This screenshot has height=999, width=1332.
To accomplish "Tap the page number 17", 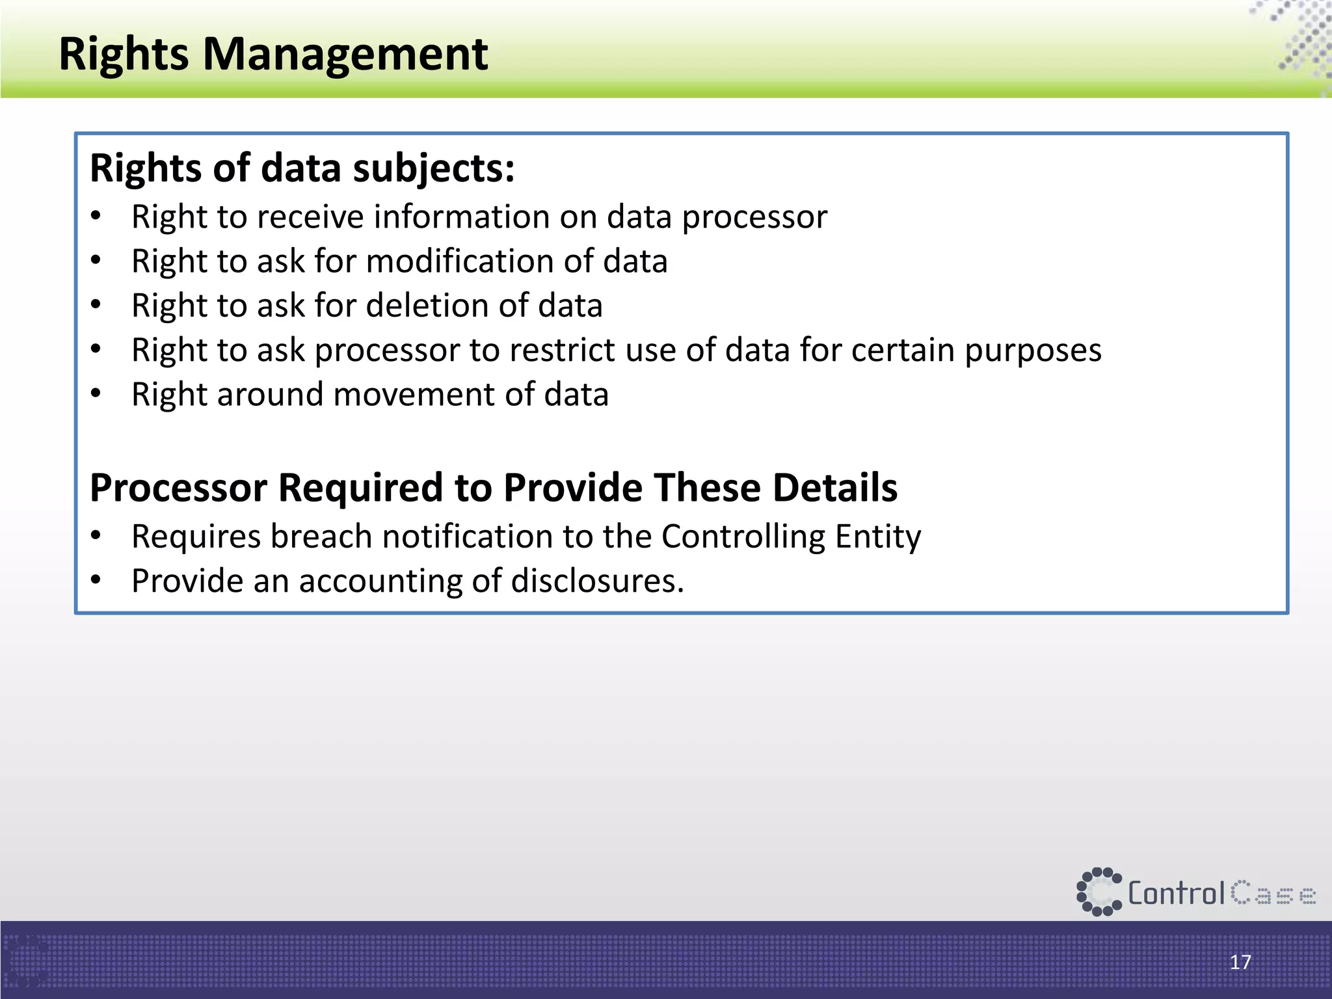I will (1240, 962).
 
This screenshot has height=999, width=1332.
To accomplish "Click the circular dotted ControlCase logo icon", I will (1099, 892).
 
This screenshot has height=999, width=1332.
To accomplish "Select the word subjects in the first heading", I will (433, 168).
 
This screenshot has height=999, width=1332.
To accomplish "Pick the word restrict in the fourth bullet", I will (563, 350).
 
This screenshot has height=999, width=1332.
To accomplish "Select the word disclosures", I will (597, 581).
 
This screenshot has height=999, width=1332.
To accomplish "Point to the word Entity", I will (877, 537).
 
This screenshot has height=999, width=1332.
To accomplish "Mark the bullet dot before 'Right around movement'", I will (96, 393).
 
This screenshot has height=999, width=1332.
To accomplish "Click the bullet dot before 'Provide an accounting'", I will (96, 579).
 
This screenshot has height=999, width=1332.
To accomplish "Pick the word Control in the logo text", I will (1176, 894).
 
